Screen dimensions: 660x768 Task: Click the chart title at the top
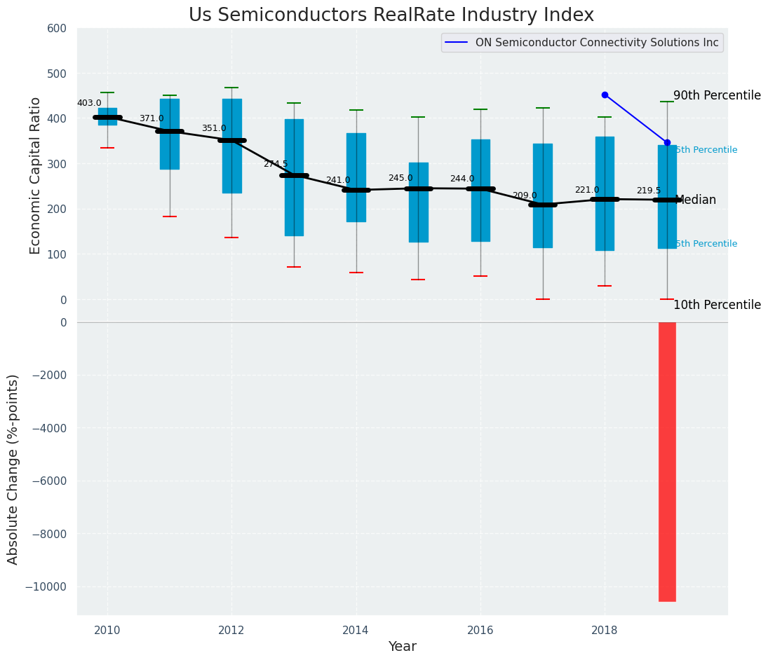[391, 15]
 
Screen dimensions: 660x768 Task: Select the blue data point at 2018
[605, 95]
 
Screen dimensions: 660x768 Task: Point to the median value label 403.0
[89, 103]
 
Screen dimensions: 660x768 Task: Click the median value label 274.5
[276, 164]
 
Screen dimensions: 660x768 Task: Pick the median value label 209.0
[525, 195]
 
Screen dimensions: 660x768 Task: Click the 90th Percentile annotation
[717, 95]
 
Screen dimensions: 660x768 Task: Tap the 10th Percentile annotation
[717, 305]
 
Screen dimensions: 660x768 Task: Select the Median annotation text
[695, 200]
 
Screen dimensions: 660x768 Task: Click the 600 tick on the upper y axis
[57, 28]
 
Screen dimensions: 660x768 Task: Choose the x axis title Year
[402, 647]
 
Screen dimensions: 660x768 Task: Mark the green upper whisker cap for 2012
[231, 88]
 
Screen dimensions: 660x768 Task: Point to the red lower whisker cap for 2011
[170, 216]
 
